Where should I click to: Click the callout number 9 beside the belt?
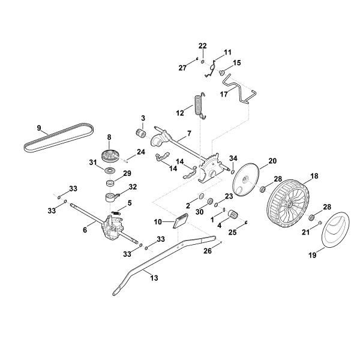(39, 128)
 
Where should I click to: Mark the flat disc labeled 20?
(247, 178)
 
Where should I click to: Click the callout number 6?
(85, 229)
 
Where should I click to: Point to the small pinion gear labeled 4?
(233, 215)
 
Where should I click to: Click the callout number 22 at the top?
(202, 46)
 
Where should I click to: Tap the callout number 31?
(93, 163)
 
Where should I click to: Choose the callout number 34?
(233, 158)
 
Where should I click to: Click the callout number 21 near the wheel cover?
(305, 232)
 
